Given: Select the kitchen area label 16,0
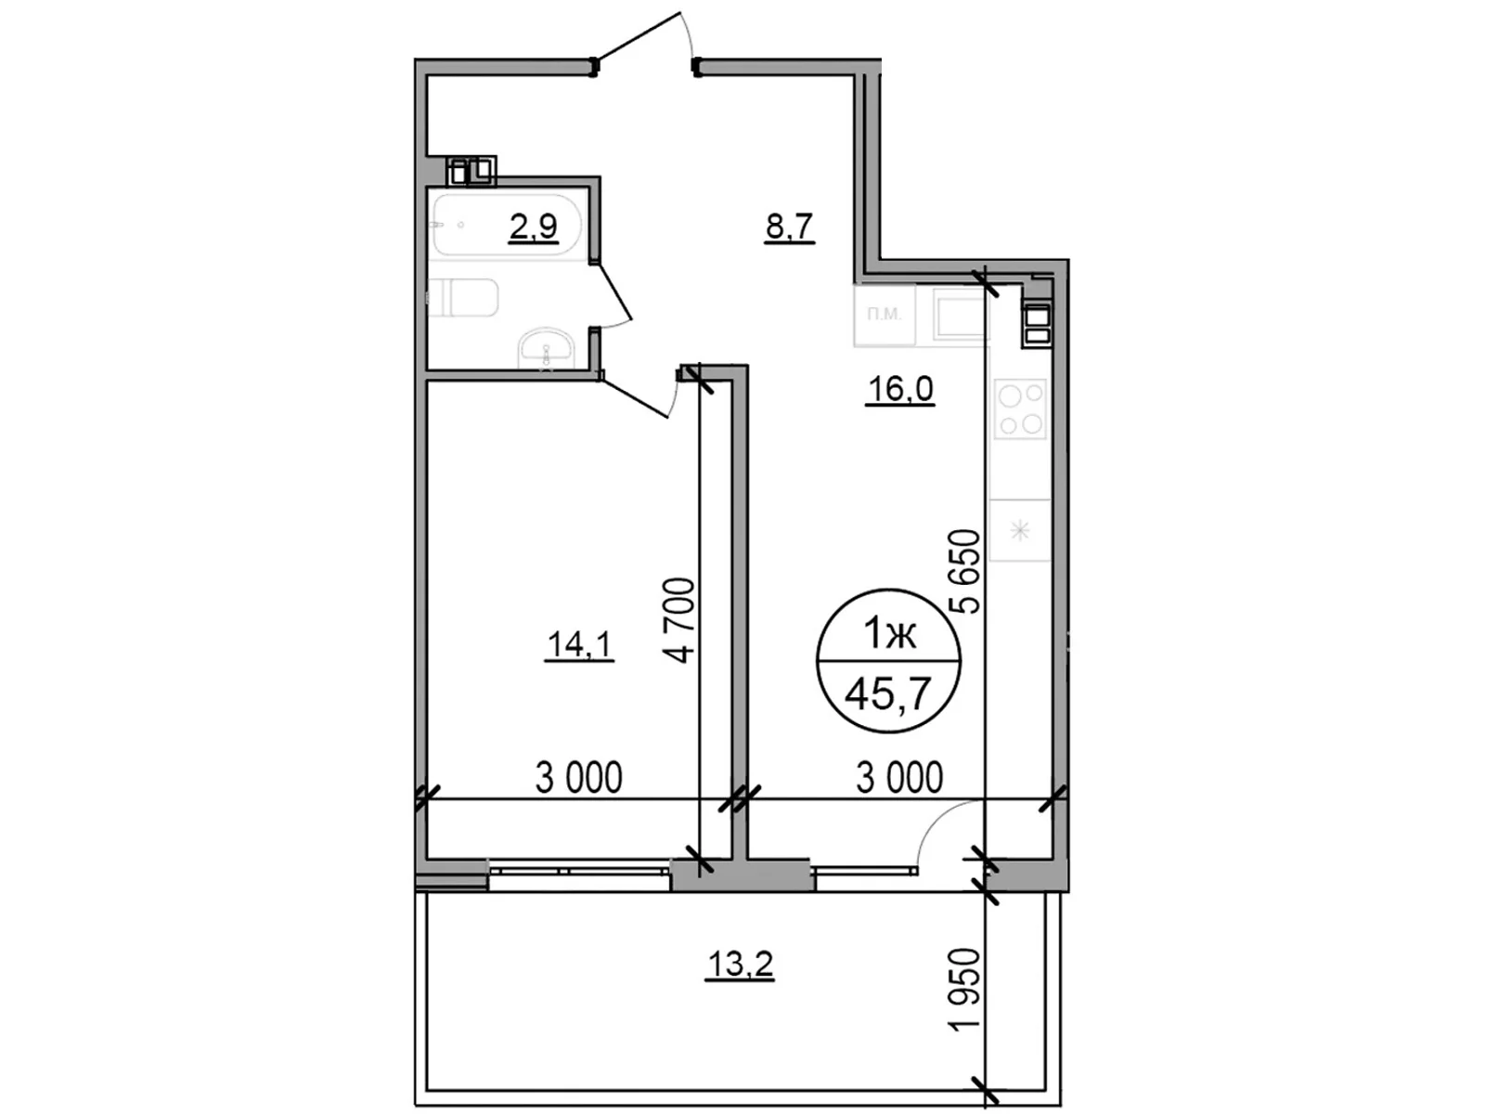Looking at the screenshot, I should pos(898,389).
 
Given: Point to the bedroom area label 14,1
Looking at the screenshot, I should pos(579,644).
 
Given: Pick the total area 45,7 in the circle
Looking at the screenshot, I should pos(888,693).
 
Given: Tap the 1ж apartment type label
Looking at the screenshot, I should pos(889,634).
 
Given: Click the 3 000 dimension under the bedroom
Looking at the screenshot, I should pos(578,778).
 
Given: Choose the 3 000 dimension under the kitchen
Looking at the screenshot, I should pos(898,778).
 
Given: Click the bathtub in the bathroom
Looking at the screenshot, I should pos(506,226).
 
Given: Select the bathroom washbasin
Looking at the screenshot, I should pos(547,350).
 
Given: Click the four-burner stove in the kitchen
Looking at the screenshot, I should pos(1020,409).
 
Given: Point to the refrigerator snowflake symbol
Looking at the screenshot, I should pos(1020,531).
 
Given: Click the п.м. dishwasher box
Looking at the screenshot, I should pos(884,315).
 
